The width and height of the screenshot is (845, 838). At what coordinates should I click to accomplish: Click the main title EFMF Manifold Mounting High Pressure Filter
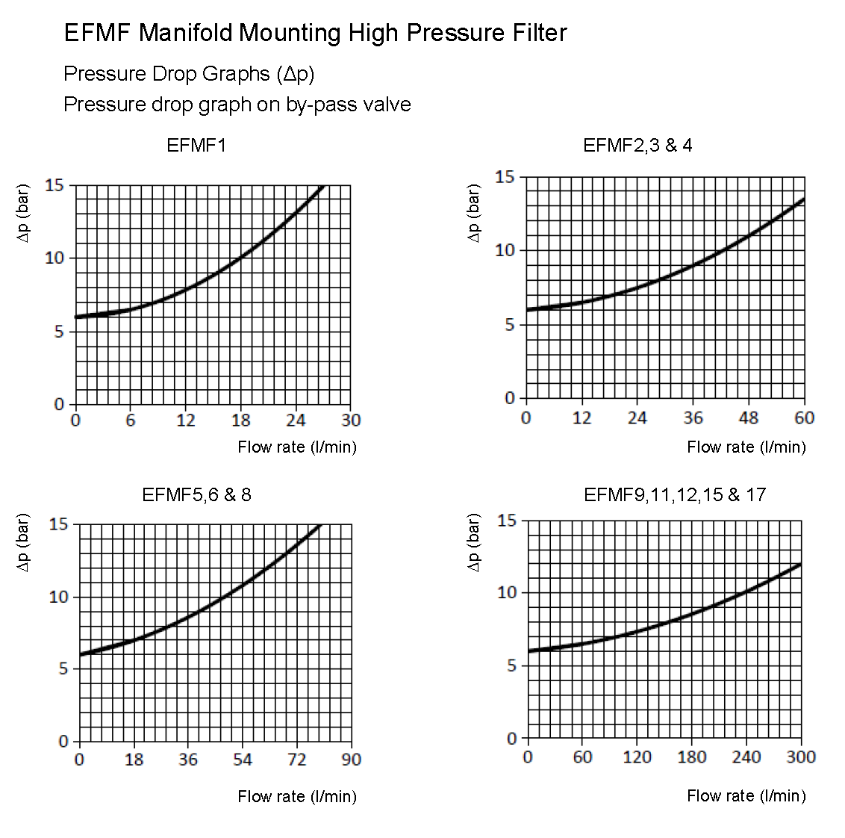click(x=315, y=33)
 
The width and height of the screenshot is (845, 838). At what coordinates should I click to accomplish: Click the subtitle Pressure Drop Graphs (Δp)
click(x=189, y=74)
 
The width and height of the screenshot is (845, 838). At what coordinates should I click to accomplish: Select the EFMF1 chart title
click(x=196, y=146)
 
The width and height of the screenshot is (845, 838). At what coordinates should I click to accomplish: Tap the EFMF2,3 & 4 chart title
click(x=637, y=146)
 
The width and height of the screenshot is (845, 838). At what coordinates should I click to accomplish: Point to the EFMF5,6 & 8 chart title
click(x=196, y=494)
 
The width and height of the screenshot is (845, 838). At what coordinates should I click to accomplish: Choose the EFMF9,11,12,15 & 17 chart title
click(x=675, y=494)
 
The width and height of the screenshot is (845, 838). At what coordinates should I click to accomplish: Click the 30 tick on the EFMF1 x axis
click(x=351, y=420)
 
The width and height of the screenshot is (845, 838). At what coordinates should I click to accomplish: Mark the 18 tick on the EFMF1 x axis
click(x=240, y=420)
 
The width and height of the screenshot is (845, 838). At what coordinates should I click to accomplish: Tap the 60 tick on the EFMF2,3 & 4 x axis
click(x=804, y=418)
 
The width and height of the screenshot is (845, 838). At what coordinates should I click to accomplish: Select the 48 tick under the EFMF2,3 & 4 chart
click(x=748, y=418)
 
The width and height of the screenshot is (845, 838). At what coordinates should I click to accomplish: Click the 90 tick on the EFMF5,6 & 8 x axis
click(x=351, y=760)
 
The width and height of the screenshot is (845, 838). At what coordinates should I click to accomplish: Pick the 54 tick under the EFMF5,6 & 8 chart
click(x=243, y=760)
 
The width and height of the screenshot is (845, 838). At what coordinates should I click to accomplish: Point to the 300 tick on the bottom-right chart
click(x=801, y=757)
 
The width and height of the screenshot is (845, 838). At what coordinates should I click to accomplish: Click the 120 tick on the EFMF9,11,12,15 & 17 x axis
click(x=637, y=757)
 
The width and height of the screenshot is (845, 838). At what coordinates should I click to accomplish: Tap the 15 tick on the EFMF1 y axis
click(x=54, y=185)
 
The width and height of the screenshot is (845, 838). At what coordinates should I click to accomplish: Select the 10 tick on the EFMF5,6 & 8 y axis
click(x=58, y=597)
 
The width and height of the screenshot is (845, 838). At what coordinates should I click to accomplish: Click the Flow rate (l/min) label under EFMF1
click(x=297, y=447)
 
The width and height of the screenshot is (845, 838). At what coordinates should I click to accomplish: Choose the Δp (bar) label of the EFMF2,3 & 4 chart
click(x=473, y=213)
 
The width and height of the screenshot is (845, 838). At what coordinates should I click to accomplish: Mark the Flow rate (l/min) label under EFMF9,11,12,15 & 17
click(x=746, y=795)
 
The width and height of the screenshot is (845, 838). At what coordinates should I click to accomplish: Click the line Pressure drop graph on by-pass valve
click(x=237, y=105)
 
